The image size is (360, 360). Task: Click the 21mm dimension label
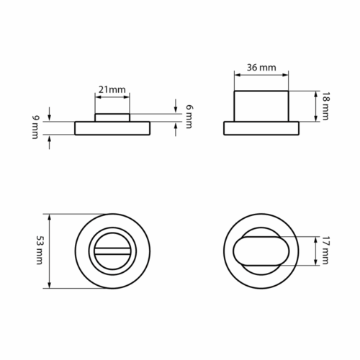tap(112, 90)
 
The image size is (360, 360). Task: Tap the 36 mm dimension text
tap(261, 68)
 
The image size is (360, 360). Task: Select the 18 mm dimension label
tap(325, 106)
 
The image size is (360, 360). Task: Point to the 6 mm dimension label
tap(189, 117)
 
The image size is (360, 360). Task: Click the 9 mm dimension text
tap(35, 127)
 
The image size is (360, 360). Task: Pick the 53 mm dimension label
tap(40, 250)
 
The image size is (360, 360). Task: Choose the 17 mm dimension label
tap(325, 251)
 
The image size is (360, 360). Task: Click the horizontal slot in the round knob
tap(112, 251)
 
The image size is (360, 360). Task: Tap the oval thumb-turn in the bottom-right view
tap(261, 251)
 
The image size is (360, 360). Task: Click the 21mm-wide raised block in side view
tap(112, 117)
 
